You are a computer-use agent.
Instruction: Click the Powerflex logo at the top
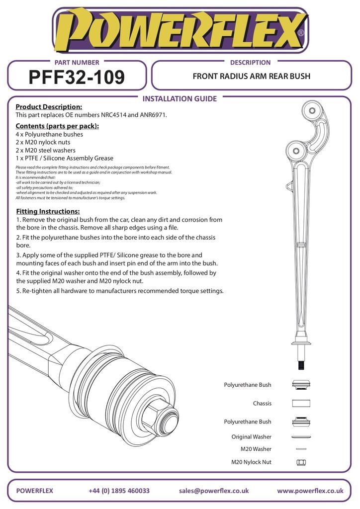point(180,31)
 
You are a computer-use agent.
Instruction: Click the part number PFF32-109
point(77,77)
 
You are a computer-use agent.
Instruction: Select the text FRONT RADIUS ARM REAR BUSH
point(251,77)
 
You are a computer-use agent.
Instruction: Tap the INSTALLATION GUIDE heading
point(180,98)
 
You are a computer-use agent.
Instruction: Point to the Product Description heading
point(49,107)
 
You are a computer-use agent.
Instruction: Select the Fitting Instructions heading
point(48,211)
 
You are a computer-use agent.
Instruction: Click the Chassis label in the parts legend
point(262,404)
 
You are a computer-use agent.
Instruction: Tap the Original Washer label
point(251,437)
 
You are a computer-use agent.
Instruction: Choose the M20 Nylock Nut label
point(251,462)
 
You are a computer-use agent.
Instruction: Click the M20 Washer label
point(256,449)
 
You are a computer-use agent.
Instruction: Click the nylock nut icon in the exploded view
point(301,462)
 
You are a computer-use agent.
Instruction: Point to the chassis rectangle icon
point(301,403)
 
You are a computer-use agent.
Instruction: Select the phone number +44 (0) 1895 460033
point(119,491)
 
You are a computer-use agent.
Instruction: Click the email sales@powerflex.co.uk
point(214,491)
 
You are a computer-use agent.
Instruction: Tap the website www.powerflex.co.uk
point(310,491)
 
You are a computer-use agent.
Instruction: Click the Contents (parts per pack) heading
point(57,126)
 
